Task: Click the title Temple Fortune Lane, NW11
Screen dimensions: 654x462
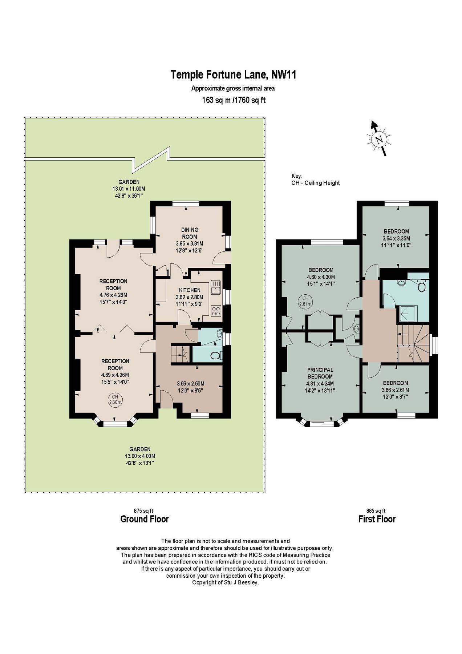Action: click(x=234, y=74)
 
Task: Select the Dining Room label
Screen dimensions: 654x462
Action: click(x=190, y=233)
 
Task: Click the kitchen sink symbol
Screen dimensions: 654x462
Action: click(x=215, y=286)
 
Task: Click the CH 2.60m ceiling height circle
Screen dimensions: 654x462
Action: click(x=115, y=399)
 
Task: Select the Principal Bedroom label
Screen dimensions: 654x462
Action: click(x=320, y=373)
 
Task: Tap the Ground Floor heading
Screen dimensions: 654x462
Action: click(x=144, y=519)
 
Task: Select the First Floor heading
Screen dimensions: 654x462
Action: click(x=377, y=519)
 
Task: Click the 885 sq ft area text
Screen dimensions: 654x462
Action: click(x=376, y=510)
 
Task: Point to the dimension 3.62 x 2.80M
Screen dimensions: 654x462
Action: click(x=190, y=297)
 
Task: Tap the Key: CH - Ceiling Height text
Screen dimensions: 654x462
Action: click(x=315, y=180)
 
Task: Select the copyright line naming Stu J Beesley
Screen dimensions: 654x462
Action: click(x=225, y=582)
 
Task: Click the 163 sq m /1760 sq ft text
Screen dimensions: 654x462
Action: click(x=234, y=100)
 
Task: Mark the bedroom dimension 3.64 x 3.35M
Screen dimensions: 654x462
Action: click(x=396, y=238)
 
